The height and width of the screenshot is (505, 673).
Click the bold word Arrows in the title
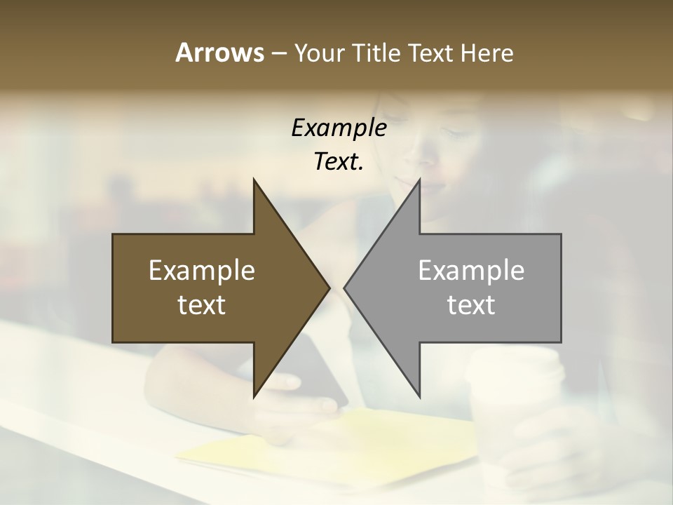click(x=219, y=53)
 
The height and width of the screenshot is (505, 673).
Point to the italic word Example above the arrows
click(x=339, y=128)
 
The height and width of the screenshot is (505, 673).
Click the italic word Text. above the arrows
click(x=339, y=162)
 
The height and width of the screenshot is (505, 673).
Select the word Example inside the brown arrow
click(x=202, y=271)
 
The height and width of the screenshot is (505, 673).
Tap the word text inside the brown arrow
click(x=202, y=305)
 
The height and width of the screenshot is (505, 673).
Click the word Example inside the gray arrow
click(x=471, y=271)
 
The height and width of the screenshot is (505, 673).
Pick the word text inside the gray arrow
click(x=471, y=305)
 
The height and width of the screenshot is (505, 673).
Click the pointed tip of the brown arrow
click(x=328, y=288)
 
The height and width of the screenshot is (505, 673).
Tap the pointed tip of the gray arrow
click(x=345, y=288)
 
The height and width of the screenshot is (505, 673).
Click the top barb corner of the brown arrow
click(x=254, y=181)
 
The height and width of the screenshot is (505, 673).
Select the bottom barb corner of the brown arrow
click(x=254, y=396)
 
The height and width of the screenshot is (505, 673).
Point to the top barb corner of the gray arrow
click(x=419, y=181)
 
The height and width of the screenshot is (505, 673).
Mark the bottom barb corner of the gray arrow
click(x=419, y=396)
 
